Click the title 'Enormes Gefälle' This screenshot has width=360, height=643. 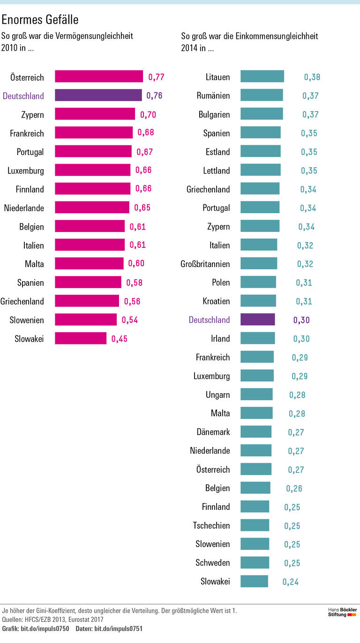coord(40,20)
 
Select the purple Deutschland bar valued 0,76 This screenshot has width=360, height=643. coord(98,96)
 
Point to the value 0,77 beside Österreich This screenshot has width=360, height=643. coord(156,77)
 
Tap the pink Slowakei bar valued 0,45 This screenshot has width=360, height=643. coord(81,338)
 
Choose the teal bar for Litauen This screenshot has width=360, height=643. coord(262,77)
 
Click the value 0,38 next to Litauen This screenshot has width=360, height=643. coord(312,77)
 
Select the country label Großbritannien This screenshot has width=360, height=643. coord(205,264)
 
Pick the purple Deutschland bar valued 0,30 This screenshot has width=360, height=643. coord(257,320)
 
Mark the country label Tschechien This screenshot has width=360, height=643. coord(211,525)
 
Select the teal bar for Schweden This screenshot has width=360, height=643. coord(255,562)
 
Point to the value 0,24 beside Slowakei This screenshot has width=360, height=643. coord(290,582)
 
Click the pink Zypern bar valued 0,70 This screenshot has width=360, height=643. coord(95,114)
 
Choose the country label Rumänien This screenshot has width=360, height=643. coord(213,96)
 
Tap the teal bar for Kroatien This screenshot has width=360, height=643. coord(258,301)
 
